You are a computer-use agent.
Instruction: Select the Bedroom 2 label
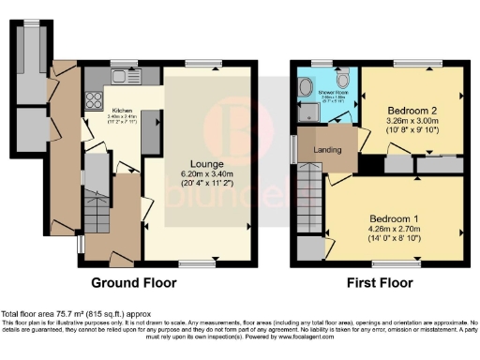[x=412, y=110]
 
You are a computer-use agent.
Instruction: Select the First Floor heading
[x=381, y=281]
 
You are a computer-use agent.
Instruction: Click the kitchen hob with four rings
[x=93, y=97]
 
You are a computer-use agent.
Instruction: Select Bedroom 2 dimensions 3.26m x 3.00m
[x=412, y=122]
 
